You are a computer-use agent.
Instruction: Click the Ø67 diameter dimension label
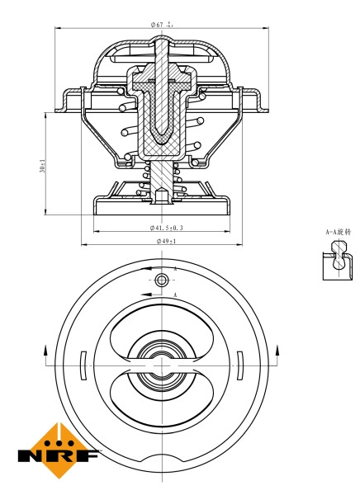tap(163, 24)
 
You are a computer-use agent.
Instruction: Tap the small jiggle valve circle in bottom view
tap(163, 281)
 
